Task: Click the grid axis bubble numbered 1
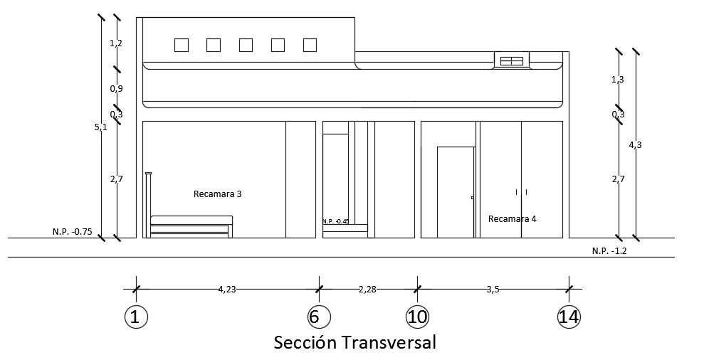(135, 317)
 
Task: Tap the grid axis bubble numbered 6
(318, 317)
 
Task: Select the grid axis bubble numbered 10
(417, 317)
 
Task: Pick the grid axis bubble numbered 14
(569, 317)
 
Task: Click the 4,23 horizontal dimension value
(226, 289)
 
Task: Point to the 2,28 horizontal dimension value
(367, 289)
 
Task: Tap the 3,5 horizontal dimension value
(493, 289)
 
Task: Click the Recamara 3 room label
(218, 194)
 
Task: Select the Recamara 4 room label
(512, 218)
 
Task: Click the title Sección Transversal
(354, 342)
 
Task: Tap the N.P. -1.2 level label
(609, 250)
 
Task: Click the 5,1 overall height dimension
(101, 127)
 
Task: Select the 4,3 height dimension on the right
(635, 144)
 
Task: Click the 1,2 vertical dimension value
(116, 43)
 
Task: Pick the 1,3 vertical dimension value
(618, 79)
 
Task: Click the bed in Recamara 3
(191, 226)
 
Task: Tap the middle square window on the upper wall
(246, 45)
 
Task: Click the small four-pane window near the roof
(512, 60)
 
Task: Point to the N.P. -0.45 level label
(335, 221)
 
